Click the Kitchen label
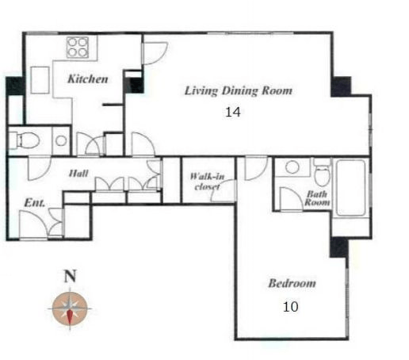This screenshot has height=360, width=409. point(88,79)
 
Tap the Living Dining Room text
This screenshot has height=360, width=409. point(239,90)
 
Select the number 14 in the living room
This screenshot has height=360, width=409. point(233,112)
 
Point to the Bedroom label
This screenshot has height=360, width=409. point(292,283)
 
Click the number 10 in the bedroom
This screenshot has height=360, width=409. point(291,307)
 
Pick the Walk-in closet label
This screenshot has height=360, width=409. point(207,182)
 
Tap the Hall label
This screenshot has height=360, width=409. point(78,173)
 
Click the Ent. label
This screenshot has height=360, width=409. point(35,203)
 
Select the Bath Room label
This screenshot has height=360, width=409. point(317,198)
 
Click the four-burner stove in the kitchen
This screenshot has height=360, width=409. point(78,48)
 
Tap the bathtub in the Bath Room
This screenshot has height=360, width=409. point(350,188)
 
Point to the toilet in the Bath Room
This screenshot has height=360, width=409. point(322,172)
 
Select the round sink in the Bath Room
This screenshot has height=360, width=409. point(292,167)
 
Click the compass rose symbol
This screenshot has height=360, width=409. point(70,308)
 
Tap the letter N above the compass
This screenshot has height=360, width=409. point(70,276)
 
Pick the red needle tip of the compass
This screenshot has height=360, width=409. point(70,324)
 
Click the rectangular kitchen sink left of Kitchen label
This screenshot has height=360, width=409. point(40,80)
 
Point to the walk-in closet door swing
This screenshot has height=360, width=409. point(223,190)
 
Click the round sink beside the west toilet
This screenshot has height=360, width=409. point(61,140)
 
